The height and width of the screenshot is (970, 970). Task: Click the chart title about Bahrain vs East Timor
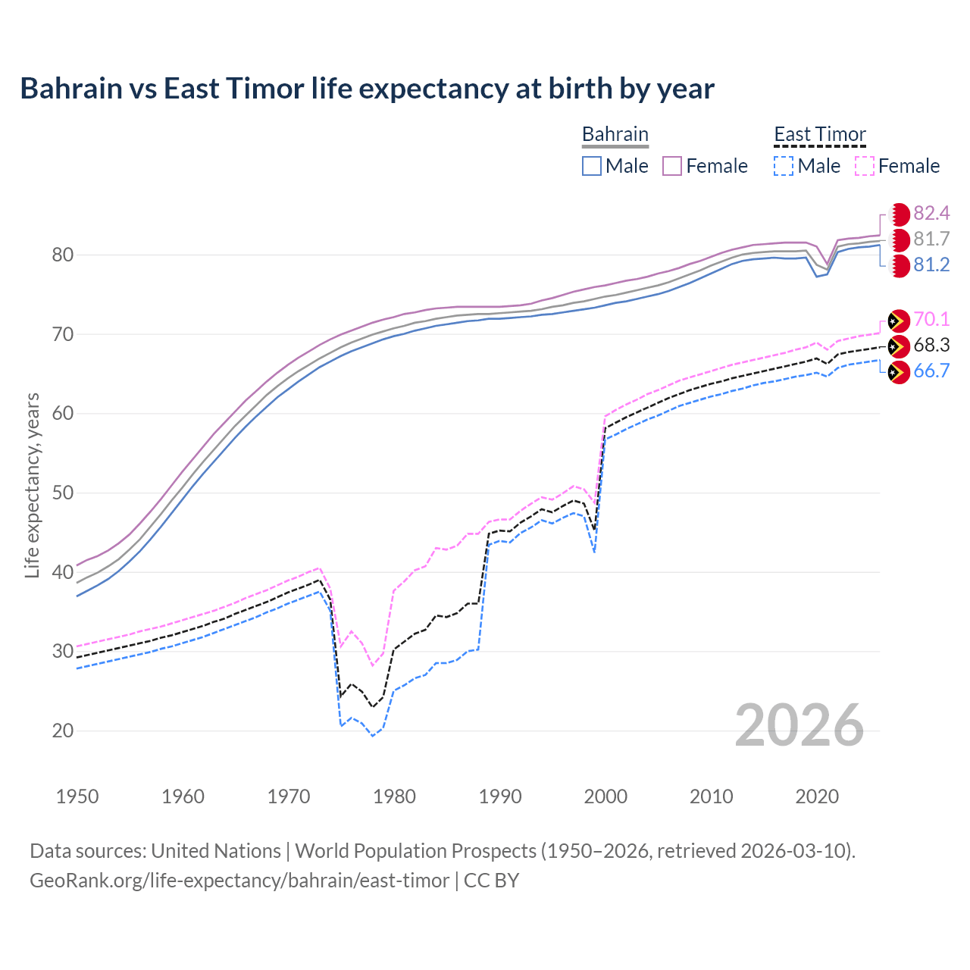click(367, 89)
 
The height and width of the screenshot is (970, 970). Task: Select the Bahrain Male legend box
click(592, 166)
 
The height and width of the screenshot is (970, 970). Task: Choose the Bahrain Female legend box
click(672, 166)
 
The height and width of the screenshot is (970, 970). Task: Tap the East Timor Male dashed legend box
click(784, 166)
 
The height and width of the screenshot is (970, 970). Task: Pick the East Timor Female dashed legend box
click(864, 166)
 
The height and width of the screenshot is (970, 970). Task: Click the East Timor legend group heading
click(819, 134)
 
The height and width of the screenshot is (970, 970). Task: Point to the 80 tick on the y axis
click(63, 255)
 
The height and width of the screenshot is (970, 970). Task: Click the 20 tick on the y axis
click(63, 731)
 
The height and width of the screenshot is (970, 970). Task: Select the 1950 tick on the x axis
click(77, 796)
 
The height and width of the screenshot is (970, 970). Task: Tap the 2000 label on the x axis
click(605, 796)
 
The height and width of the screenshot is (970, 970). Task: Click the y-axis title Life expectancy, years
click(32, 485)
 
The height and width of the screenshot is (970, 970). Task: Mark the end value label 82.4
click(931, 214)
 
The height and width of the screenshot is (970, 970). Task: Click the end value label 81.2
click(931, 265)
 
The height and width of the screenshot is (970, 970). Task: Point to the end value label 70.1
click(931, 320)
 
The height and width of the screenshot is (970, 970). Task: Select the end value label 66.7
click(931, 371)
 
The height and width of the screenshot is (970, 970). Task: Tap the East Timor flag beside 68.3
click(898, 346)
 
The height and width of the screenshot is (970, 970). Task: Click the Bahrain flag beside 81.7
click(899, 240)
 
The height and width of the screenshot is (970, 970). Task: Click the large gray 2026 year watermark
click(799, 725)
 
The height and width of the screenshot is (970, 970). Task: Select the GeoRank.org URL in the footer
click(239, 881)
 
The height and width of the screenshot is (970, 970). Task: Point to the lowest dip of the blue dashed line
click(372, 736)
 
